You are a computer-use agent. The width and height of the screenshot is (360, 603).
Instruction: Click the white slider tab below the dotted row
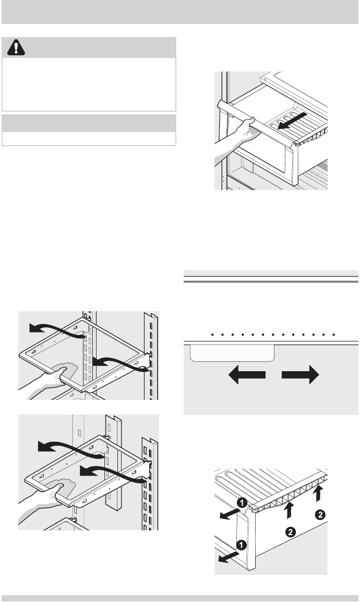232,353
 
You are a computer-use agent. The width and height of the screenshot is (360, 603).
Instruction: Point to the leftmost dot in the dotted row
214,334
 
